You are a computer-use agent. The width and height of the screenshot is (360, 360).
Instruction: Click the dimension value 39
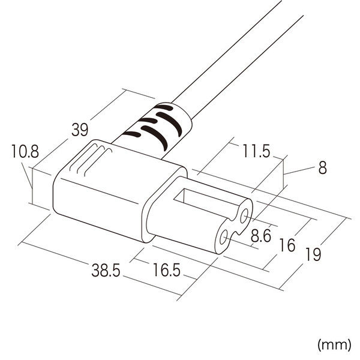(80, 130)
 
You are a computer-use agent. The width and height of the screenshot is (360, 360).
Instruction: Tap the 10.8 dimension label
(25, 151)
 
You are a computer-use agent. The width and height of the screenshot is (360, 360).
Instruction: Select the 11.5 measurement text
(256, 151)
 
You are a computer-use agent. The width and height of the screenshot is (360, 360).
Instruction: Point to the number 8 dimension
(322, 167)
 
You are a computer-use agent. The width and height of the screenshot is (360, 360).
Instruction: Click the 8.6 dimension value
(260, 236)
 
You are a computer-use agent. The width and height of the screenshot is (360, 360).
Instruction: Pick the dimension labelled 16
(287, 245)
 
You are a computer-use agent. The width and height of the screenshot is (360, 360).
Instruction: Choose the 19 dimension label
(313, 254)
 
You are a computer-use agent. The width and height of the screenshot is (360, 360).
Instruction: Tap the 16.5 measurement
(166, 270)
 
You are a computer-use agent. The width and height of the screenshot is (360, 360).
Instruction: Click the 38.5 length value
(106, 270)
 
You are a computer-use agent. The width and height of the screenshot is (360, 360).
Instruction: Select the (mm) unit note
(334, 344)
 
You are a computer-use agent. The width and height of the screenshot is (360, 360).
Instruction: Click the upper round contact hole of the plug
(244, 216)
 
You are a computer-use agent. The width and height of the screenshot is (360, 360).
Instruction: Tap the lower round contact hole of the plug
(223, 237)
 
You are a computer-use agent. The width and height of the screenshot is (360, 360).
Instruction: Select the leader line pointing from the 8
(299, 171)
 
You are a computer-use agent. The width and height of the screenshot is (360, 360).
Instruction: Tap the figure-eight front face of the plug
(234, 227)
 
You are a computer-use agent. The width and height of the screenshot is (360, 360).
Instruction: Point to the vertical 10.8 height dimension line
(32, 186)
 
